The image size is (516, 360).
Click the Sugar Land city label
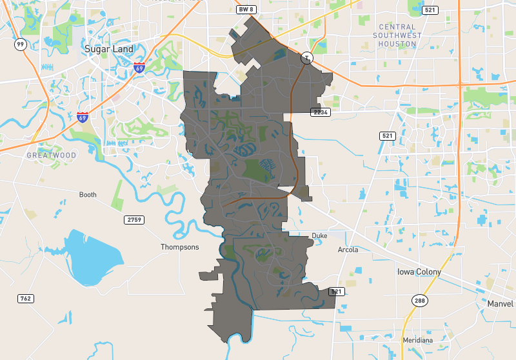(x=109, y=49)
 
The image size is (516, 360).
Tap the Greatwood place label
(x=52, y=155)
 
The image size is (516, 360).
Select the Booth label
(x=88, y=195)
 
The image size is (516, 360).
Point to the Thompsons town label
(x=180, y=247)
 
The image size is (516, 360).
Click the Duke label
(x=319, y=236)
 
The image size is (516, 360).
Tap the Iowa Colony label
(x=419, y=272)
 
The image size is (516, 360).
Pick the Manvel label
(x=500, y=303)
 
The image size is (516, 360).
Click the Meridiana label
(x=417, y=339)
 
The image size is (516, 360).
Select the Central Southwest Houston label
(x=397, y=35)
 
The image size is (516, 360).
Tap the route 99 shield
(x=21, y=44)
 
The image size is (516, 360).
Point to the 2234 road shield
(x=320, y=112)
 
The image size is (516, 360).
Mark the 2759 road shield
(x=133, y=220)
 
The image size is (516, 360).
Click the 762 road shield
(x=26, y=298)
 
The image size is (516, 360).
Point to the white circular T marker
(x=307, y=57)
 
